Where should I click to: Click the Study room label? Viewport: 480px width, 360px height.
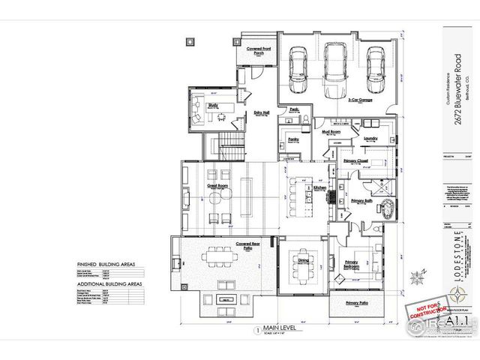coord(213,106)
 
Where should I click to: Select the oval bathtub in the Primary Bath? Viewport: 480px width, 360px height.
coord(388,208)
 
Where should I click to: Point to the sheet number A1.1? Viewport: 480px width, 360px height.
coord(451,319)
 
